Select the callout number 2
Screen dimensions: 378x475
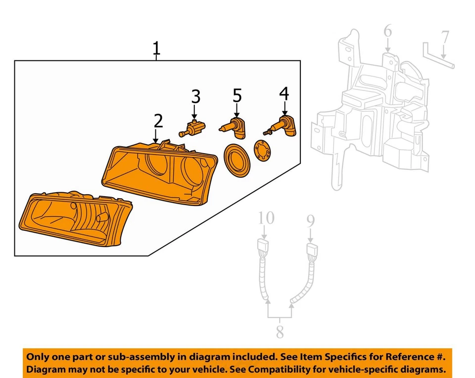pos(158,121)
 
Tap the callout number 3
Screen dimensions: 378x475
pos(196,96)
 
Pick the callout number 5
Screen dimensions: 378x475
pos(237,94)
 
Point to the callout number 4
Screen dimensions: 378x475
pos(284,93)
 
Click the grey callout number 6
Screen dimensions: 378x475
pos(387,32)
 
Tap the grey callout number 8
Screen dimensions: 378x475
pos(280,332)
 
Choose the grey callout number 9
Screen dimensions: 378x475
pos(311,220)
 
